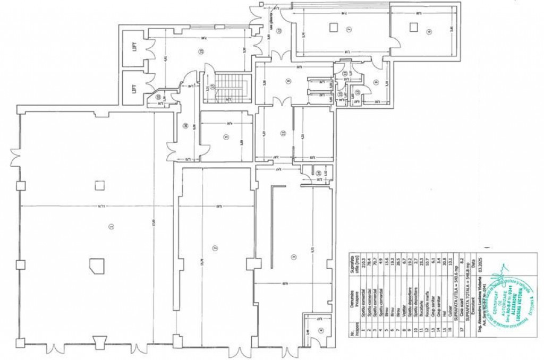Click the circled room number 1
click(x=111, y=227)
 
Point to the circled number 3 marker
click(x=293, y=258)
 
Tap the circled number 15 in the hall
click(x=201, y=52)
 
